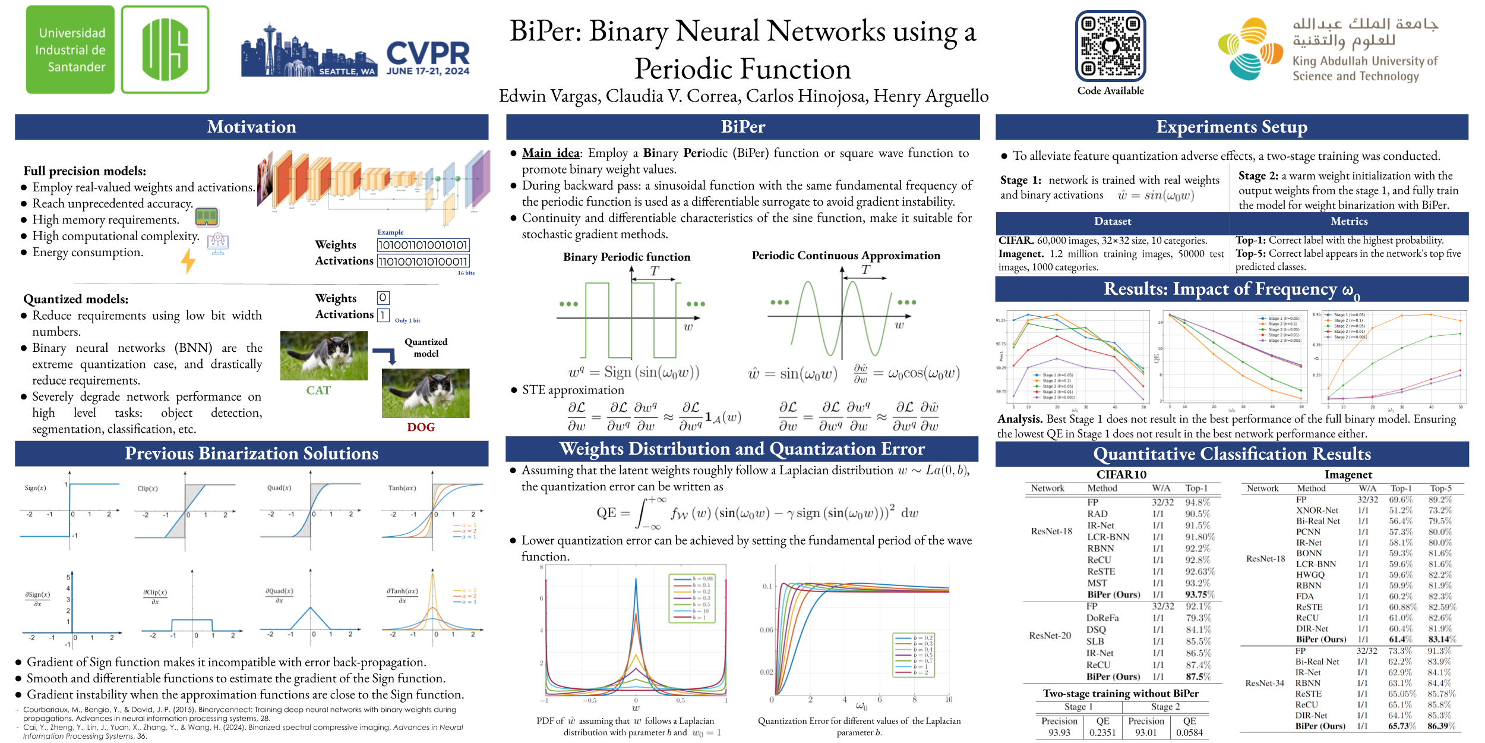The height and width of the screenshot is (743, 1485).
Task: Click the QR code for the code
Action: (1110, 46)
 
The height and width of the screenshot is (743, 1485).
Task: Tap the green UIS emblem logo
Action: (165, 49)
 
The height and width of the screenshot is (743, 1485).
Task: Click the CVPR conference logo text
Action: (428, 54)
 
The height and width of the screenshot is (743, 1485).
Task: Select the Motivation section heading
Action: (251, 127)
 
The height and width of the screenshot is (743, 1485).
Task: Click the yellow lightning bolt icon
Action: (188, 260)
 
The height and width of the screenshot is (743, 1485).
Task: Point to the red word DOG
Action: (421, 427)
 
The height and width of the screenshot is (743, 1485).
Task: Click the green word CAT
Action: (318, 391)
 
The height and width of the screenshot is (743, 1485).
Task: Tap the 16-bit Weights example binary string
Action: (423, 245)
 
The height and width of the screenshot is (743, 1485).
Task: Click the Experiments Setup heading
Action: (1231, 127)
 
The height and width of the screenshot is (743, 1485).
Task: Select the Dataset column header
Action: (1112, 221)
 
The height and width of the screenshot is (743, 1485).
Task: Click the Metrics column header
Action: (1349, 221)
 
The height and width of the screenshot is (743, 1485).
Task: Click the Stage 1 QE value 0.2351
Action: (1102, 732)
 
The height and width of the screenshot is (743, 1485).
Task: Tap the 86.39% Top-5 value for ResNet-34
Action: (1442, 726)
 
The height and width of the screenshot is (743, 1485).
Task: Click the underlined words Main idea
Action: (551, 153)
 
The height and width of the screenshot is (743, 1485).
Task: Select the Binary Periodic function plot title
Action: (627, 257)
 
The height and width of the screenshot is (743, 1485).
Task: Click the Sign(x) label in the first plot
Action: (35, 488)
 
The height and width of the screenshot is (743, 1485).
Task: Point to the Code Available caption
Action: (1110, 90)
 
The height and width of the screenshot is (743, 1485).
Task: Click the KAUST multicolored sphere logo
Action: (1250, 49)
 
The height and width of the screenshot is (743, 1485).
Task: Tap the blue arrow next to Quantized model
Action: (386, 355)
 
